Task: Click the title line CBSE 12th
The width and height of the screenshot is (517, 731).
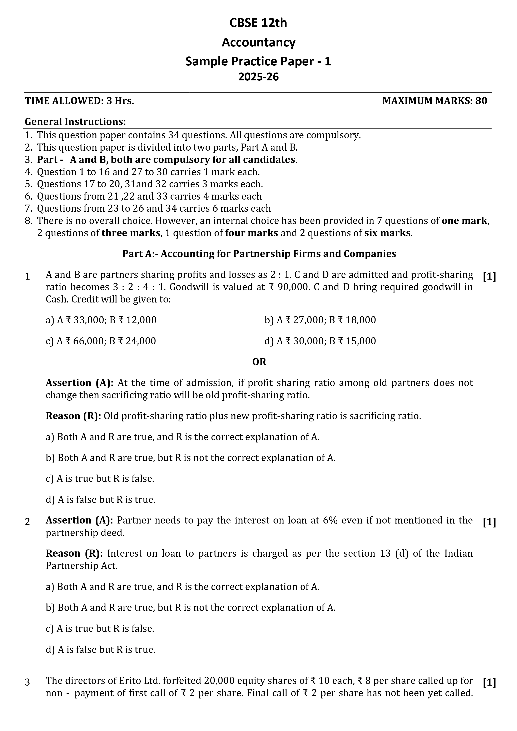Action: coord(258,23)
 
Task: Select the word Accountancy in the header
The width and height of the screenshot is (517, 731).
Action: coord(258,42)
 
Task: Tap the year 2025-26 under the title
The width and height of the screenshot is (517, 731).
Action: coord(258,77)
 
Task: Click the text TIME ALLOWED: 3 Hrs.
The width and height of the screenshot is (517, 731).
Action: coord(80,101)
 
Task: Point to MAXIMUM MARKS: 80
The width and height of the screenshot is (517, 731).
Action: coord(434,101)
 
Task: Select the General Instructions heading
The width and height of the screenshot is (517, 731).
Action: coord(75,122)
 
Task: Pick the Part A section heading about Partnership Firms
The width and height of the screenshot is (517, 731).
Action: coord(259,254)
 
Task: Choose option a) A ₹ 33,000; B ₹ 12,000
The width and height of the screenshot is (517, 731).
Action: coord(101,320)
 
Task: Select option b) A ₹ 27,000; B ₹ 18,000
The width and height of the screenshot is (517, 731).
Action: coord(320,320)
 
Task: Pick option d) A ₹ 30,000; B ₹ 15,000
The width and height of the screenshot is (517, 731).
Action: coord(320,341)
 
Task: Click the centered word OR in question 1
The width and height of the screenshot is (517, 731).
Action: coord(259,362)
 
